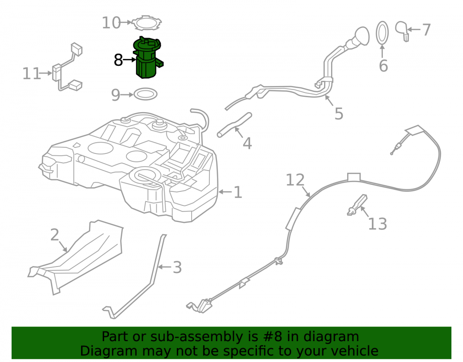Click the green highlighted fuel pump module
tap(148, 58)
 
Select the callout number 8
tap(118, 60)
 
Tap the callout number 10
tap(111, 23)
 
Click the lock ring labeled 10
tap(146, 23)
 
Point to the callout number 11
tap(31, 74)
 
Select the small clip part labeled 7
tap(402, 31)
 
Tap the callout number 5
tap(339, 114)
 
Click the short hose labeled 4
tap(234, 124)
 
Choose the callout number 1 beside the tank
tap(238, 192)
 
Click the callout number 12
tap(295, 180)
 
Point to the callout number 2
tap(55, 235)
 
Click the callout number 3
tap(177, 267)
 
